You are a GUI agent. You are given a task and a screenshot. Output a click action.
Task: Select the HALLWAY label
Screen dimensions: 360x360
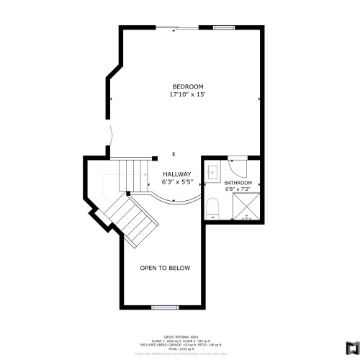coord(176,174)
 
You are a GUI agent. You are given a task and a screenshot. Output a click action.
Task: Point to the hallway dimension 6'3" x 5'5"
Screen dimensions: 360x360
coord(176,182)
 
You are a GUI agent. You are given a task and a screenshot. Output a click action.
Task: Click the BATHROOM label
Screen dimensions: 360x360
coord(238,184)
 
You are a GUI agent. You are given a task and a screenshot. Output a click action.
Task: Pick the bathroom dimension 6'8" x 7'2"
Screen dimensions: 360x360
coord(238,191)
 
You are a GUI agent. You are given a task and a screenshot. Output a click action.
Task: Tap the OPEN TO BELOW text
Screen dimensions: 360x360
coord(165,268)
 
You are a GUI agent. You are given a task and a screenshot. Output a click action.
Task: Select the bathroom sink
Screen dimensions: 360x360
coord(213,173)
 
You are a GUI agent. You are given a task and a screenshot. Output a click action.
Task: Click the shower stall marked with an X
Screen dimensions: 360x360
coord(246,208)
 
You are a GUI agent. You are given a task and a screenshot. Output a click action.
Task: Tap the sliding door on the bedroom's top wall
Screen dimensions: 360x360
coord(177,28)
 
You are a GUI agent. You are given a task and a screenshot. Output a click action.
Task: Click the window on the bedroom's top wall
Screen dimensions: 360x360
coord(224,28)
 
